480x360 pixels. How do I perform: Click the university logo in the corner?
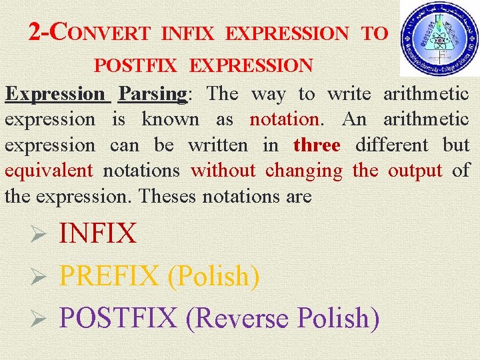click(439, 38)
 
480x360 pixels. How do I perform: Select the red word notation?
click(285, 119)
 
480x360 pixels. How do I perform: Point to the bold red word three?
click(317, 145)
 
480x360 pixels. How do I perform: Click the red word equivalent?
click(49, 170)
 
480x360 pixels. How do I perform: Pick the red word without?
click(223, 170)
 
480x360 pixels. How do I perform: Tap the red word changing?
click(303, 170)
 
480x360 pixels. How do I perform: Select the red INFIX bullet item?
click(98, 233)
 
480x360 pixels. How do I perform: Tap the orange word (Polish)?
click(213, 275)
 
